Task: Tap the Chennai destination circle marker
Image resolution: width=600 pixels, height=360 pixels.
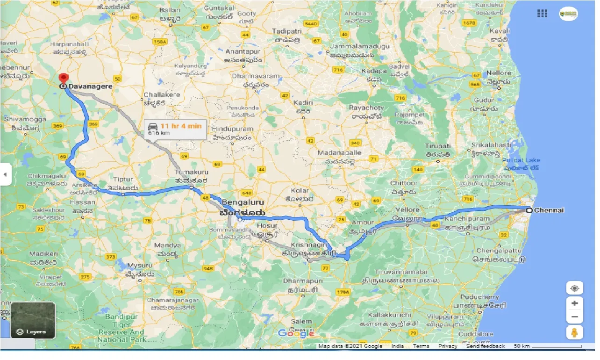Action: (x=529, y=210)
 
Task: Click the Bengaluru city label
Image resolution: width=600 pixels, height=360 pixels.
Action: (x=243, y=202)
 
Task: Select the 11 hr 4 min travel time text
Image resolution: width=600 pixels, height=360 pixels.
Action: (x=181, y=126)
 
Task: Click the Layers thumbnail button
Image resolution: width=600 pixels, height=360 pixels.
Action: (x=33, y=321)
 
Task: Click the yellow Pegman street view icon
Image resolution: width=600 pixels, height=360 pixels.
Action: (x=574, y=332)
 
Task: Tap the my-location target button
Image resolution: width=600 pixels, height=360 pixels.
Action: (x=574, y=288)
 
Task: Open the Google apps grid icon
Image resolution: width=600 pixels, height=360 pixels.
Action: (x=542, y=14)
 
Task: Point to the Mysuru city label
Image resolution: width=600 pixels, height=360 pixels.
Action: (x=140, y=266)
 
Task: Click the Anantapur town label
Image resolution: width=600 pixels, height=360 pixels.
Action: (x=241, y=52)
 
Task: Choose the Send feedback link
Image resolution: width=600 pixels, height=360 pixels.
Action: (x=485, y=346)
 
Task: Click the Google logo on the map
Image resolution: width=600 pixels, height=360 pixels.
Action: (x=296, y=333)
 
